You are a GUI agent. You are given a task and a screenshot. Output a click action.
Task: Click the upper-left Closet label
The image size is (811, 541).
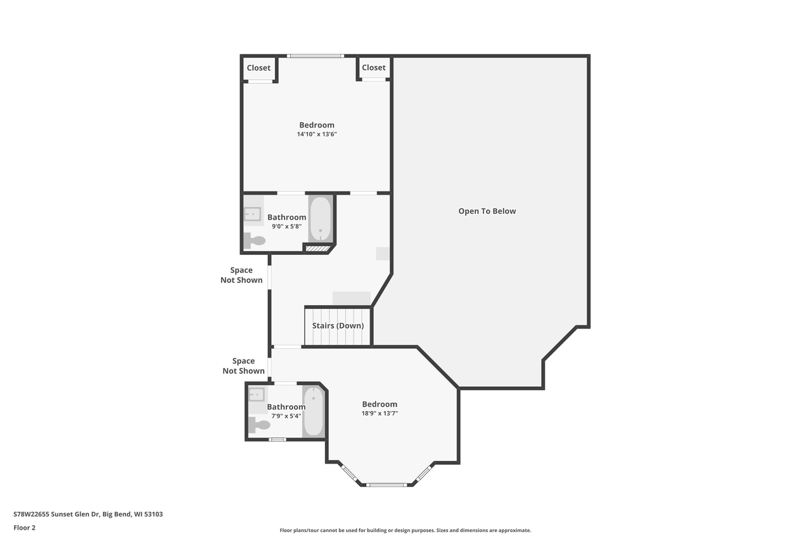[259, 68]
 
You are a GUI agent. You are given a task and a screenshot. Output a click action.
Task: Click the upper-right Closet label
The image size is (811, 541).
[373, 68]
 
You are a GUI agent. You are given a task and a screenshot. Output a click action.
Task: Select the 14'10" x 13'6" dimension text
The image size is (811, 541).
[317, 134]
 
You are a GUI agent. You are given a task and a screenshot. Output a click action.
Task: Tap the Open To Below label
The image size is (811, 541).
[487, 211]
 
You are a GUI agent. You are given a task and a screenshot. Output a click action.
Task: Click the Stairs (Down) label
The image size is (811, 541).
[338, 326]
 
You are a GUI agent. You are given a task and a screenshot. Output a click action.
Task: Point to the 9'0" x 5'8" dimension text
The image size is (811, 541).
[286, 226]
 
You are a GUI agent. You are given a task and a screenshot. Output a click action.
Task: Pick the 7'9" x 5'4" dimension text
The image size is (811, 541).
[286, 416]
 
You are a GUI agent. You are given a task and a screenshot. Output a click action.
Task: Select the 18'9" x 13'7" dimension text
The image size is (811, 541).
[380, 414]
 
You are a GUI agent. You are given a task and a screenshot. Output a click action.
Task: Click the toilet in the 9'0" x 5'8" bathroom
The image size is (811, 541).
[255, 240]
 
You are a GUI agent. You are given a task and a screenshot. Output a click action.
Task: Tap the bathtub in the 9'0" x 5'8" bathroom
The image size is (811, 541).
[320, 219]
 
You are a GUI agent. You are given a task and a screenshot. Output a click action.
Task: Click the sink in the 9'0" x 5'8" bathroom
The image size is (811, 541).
[253, 214]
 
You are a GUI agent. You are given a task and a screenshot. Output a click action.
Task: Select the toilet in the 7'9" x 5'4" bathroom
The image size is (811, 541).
[259, 424]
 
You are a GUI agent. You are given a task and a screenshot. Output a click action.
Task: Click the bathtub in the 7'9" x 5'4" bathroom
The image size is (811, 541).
[313, 411]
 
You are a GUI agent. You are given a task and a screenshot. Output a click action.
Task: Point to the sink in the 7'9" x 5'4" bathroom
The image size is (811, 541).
[257, 394]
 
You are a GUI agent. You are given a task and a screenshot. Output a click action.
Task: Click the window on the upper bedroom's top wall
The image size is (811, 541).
[316, 56]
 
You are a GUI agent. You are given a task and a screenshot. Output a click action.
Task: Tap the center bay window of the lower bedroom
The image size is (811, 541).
[386, 485]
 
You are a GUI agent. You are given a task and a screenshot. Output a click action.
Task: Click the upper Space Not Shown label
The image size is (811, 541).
[241, 275]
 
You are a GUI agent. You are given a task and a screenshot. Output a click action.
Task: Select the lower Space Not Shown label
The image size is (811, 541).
[243, 366]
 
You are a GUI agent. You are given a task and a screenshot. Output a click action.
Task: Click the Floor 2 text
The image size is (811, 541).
[25, 527]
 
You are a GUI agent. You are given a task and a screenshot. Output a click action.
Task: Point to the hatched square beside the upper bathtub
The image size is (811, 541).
[317, 249]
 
